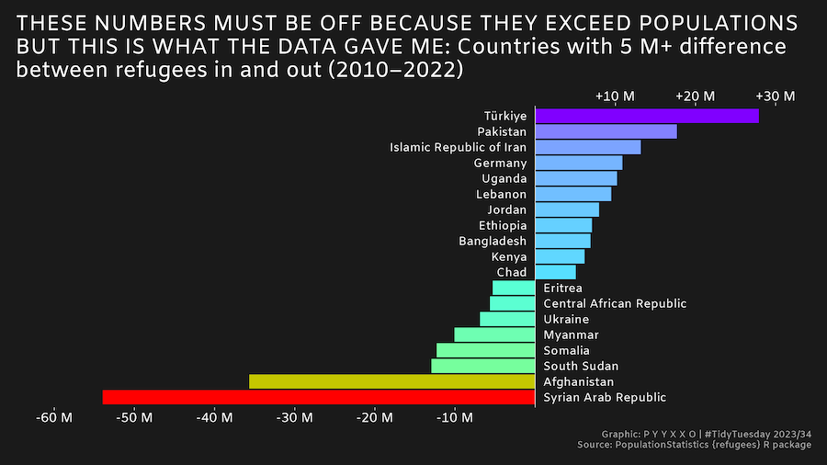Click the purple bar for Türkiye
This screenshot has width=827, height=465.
click(x=647, y=116)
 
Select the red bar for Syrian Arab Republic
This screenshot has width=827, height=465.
click(x=318, y=397)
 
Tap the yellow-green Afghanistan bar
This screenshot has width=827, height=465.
click(x=391, y=381)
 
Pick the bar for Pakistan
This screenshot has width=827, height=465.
click(x=606, y=131)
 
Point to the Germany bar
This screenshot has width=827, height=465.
click(x=578, y=163)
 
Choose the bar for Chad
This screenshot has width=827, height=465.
click(x=555, y=272)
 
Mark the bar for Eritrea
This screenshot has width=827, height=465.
click(x=514, y=288)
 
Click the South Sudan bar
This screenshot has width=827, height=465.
click(x=482, y=366)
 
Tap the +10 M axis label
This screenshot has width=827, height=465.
click(x=615, y=96)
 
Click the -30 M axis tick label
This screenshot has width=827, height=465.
click(x=295, y=418)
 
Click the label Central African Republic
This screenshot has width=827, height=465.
click(x=615, y=303)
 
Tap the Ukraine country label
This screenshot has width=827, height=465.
click(x=566, y=319)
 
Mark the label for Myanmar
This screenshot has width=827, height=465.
click(x=571, y=335)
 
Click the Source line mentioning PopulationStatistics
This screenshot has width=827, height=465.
click(x=695, y=445)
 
